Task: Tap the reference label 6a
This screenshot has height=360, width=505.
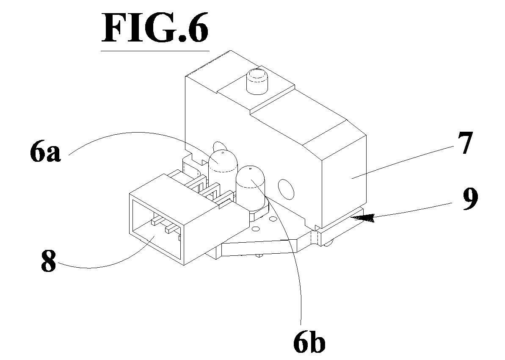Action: [x=45, y=153]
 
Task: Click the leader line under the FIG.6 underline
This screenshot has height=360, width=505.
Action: [x=155, y=51]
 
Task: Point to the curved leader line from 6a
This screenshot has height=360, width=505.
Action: [x=127, y=136]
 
